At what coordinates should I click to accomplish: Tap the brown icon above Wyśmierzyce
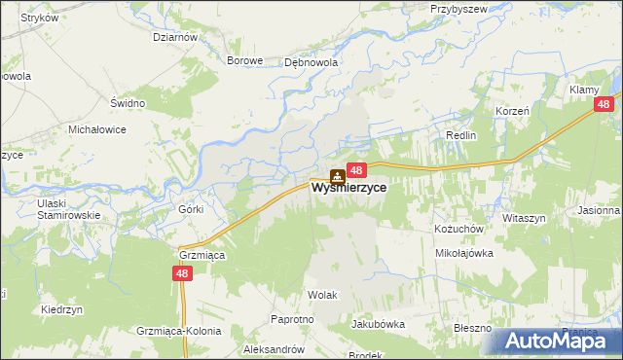pos(337,176)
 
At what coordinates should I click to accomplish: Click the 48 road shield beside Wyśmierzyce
pos(356,170)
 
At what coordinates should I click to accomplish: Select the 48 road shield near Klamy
pos(604,105)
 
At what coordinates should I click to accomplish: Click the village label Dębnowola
pos(311,60)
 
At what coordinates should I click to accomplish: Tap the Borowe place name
pos(245,60)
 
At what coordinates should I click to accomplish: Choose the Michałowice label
pos(98,128)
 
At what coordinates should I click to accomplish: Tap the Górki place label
pos(190,209)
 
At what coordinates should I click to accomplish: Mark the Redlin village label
pos(460,135)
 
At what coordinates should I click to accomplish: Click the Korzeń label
pos(511,111)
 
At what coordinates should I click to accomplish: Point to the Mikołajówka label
pos(464,252)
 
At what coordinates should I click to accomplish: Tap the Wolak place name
pos(322,293)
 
